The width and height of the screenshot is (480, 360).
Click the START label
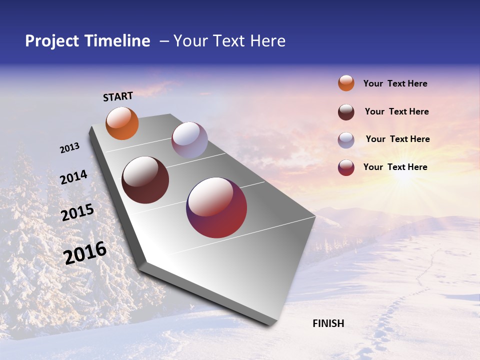coord(118,96)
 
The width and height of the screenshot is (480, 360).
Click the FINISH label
coord(328,323)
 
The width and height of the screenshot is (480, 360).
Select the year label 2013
coord(69,148)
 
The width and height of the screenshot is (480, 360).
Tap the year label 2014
coord(73,177)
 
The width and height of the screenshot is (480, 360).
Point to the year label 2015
coord(77,212)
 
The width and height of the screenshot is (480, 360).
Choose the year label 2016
coord(85,253)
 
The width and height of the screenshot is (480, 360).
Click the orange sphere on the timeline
coord(122,123)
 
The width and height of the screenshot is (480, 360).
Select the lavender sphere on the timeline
coord(189,140)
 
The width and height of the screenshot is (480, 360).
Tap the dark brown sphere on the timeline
coord(145,180)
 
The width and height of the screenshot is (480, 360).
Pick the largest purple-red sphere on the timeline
coord(216,207)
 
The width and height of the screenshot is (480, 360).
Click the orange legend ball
coord(346,83)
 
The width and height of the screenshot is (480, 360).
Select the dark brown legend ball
coord(346,112)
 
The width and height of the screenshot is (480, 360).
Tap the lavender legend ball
coord(346,140)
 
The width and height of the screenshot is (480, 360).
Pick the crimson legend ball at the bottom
coord(346,167)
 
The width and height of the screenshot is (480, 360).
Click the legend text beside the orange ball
coord(395,83)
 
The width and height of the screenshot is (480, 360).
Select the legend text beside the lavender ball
coord(397,139)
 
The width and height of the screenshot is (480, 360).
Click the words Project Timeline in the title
coord(87,41)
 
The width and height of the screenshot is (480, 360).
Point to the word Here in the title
coord(267,41)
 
